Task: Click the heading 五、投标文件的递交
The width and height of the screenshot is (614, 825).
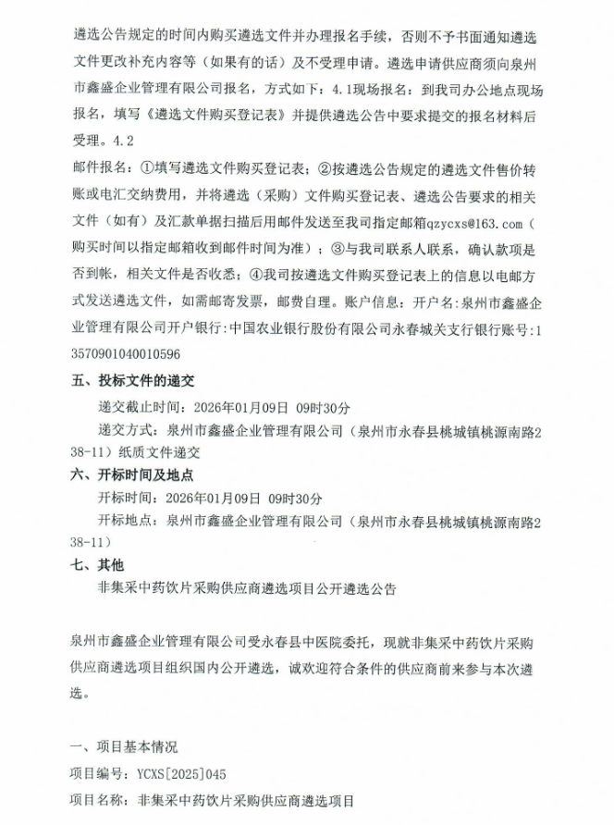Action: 132,381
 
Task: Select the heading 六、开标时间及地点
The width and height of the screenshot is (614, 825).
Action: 132,474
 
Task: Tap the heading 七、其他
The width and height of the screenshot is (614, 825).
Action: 97,564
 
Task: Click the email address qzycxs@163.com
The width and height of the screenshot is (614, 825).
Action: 474,223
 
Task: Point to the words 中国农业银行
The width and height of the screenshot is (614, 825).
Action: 274,327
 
